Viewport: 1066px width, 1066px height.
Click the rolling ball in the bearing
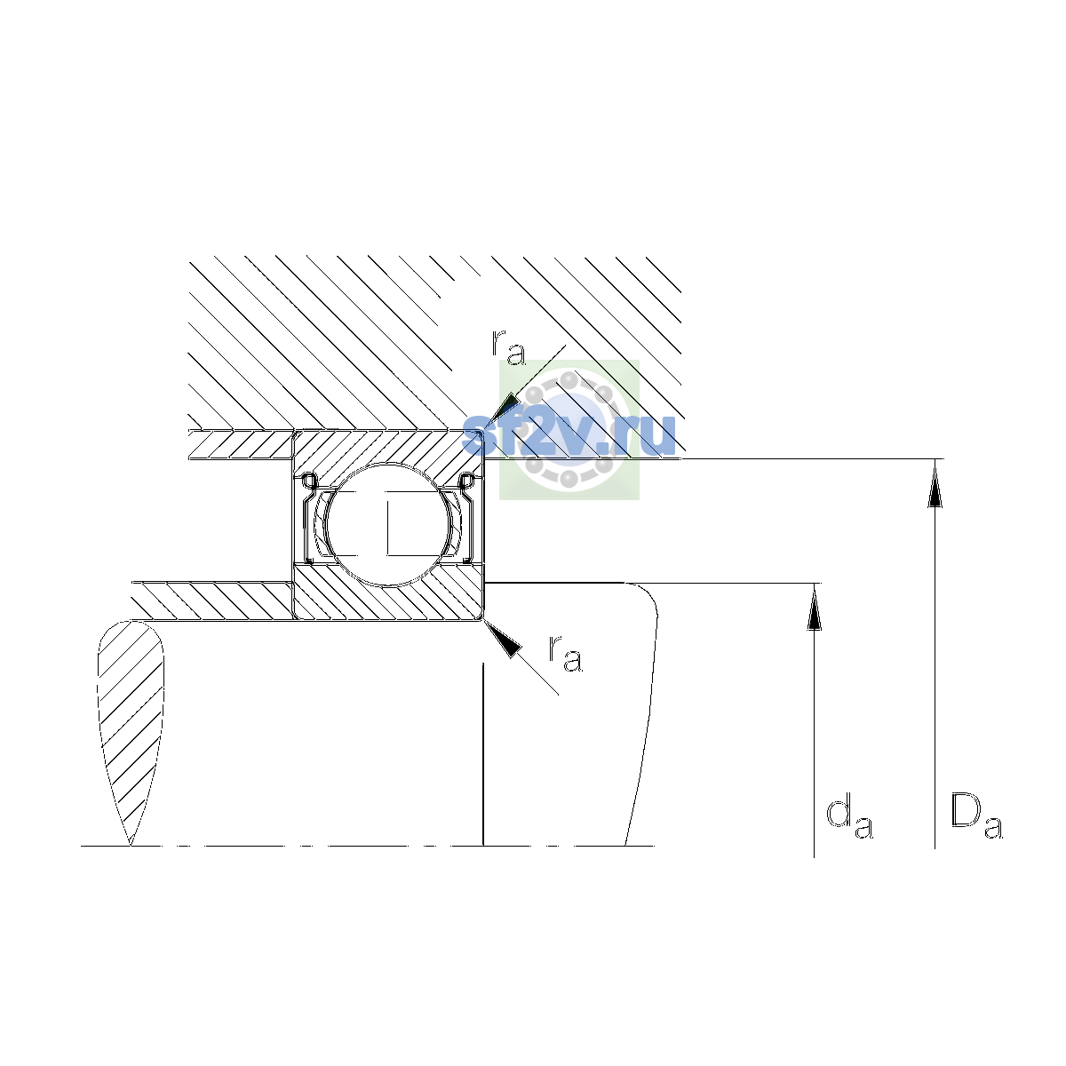pos(388,524)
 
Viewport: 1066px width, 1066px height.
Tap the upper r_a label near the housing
pos(508,347)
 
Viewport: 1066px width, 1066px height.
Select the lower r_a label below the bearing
pos(565,655)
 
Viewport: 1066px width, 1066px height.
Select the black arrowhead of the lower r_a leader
pos(503,639)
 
